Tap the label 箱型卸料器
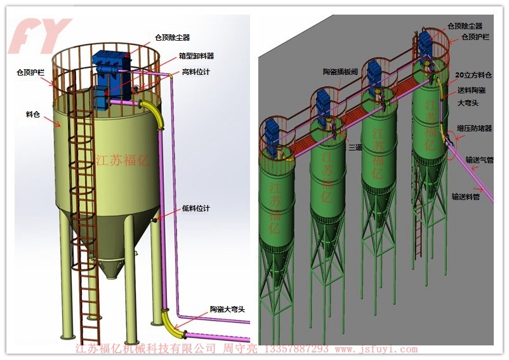(x=197, y=56)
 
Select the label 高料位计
(x=196, y=72)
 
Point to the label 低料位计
(x=196, y=208)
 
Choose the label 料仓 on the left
(x=33, y=114)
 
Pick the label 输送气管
(x=480, y=159)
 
